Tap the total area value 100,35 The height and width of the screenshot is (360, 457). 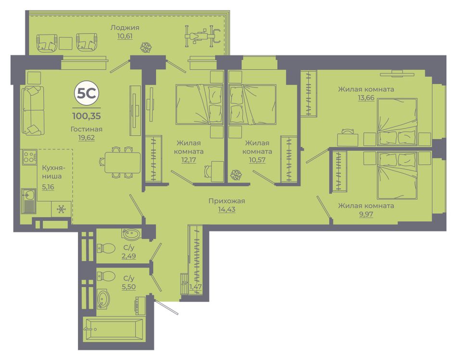point(87,116)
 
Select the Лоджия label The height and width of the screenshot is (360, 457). point(125,28)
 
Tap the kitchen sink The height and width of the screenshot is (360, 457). point(29,201)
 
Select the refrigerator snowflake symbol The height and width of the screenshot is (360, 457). point(61,209)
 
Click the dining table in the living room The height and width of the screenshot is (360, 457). point(122,162)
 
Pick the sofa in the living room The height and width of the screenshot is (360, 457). point(33,110)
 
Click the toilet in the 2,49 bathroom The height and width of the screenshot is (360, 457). point(106,248)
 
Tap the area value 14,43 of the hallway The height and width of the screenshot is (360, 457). point(227,209)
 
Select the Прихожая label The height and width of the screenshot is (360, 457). point(227,201)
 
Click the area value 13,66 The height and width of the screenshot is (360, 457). point(366,98)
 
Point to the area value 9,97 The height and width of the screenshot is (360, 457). point(366,214)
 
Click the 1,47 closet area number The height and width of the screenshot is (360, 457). point(196,287)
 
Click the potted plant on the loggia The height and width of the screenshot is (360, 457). point(146,48)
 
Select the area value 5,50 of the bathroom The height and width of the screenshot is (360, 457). point(128,287)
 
